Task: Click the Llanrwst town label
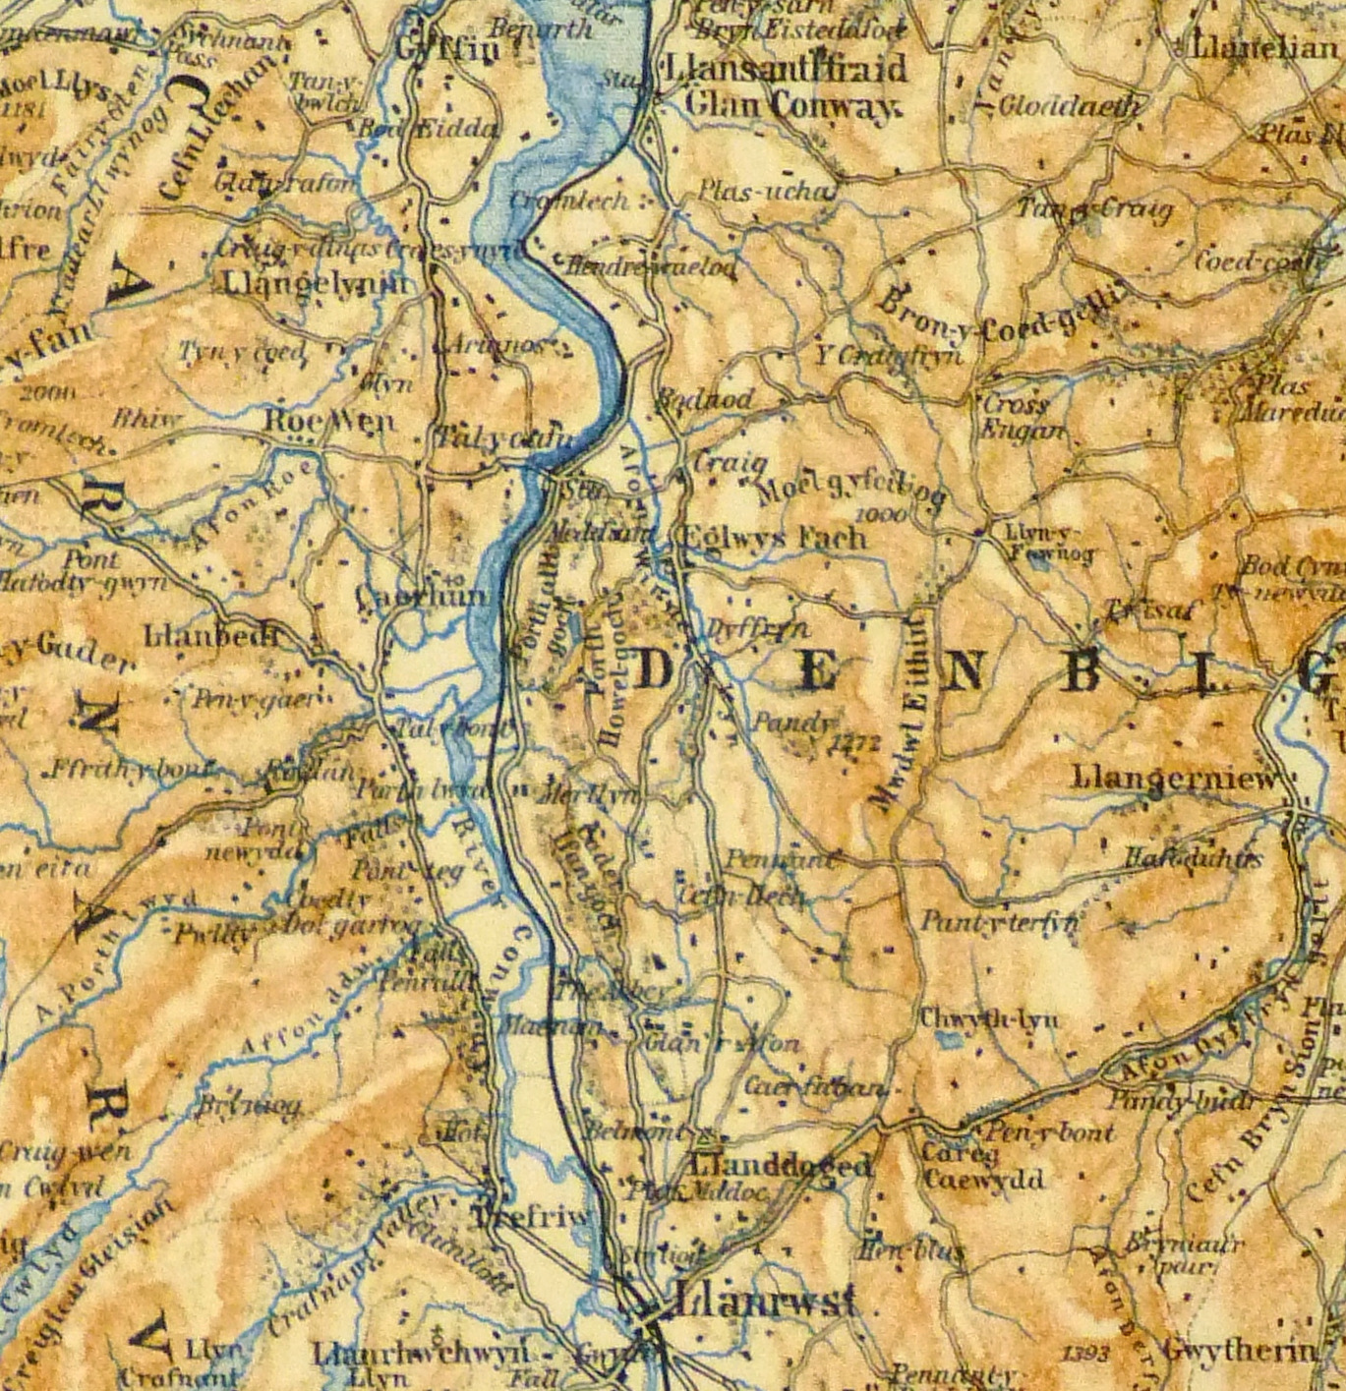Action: coord(764,1303)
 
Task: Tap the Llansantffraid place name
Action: coord(786,69)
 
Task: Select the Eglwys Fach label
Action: coord(774,538)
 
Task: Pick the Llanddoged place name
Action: coord(781,1166)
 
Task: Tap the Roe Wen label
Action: coord(329,421)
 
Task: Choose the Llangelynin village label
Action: coord(314,284)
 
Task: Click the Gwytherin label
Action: coord(1239,1351)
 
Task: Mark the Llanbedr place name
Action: coord(211,636)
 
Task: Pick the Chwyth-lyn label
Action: coord(988,1018)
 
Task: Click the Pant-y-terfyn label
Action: coord(999,922)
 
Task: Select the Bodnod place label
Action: coord(704,399)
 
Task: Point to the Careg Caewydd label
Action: coord(982,1166)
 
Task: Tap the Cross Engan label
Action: coord(1022,417)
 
